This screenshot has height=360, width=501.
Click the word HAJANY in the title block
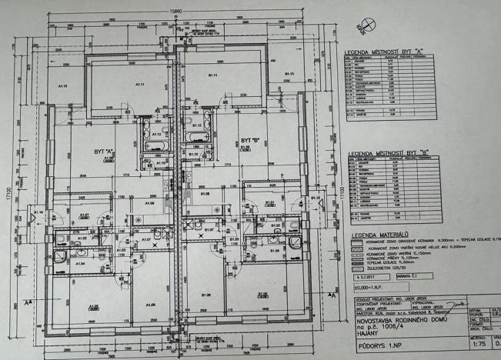tap(366, 335)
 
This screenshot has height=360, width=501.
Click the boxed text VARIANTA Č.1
tap(410, 274)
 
